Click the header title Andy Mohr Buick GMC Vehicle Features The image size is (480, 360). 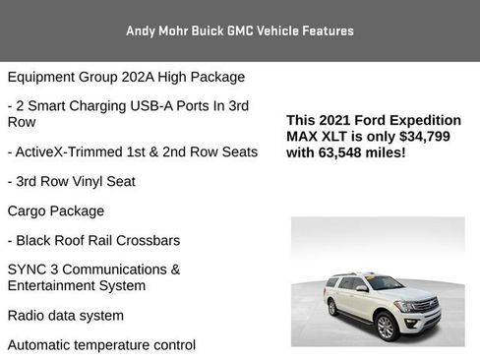click(x=239, y=30)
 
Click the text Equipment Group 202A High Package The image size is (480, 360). click(x=126, y=77)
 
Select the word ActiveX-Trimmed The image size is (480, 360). click(x=70, y=151)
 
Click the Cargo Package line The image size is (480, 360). click(x=55, y=210)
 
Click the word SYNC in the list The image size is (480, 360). click(x=29, y=270)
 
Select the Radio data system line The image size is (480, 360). click(x=65, y=316)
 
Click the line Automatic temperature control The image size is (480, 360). click(x=101, y=344)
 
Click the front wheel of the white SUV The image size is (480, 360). click(x=387, y=327)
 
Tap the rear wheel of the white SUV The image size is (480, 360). click(x=333, y=307)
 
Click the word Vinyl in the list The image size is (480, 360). click(x=102, y=181)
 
